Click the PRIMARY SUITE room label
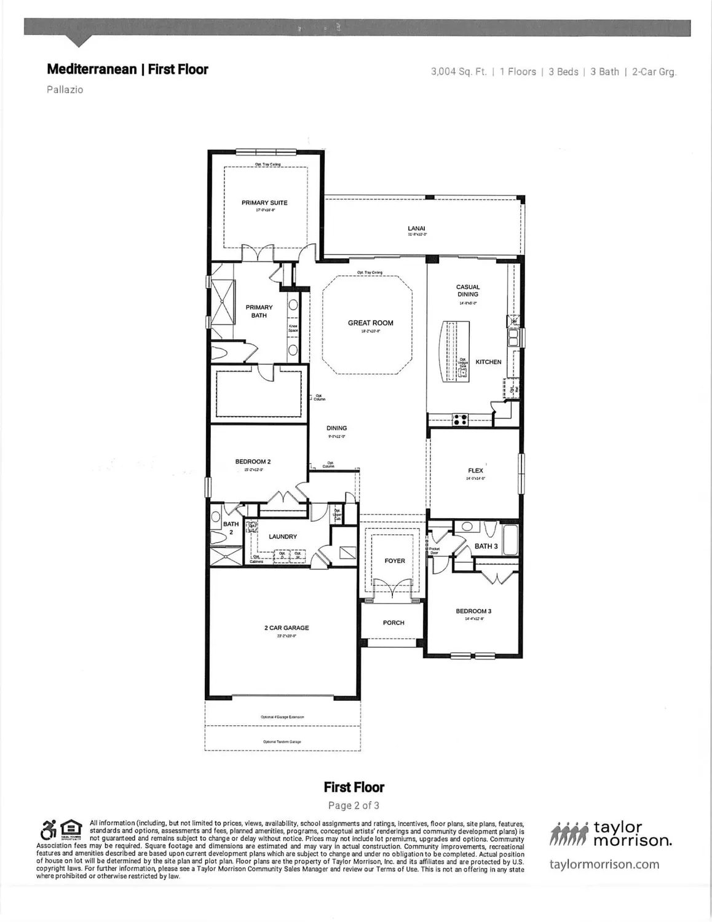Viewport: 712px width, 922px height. pos(264,203)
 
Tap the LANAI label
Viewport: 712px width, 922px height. pos(416,229)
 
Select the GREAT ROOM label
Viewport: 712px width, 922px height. pos(370,323)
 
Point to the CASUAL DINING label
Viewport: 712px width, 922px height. pos(467,291)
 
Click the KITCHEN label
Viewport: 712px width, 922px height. pos(488,362)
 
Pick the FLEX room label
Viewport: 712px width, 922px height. pos(475,471)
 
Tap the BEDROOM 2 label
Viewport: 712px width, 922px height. pos(253,462)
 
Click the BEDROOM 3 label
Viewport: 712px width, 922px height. pos(473,611)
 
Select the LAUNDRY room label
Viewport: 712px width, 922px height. pos(283,537)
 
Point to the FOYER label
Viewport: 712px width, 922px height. pos(395,561)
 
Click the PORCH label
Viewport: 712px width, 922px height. pos(394,623)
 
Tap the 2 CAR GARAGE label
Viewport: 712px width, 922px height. pos(287,628)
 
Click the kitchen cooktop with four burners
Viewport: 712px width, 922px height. pos(460,420)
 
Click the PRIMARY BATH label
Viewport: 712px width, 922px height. pos(259,311)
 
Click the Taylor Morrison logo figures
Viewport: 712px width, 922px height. pos(569,834)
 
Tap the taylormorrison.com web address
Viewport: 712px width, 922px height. pos(604,864)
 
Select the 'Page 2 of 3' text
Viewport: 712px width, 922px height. pos(354,805)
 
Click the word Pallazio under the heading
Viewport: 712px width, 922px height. pos(65,90)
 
